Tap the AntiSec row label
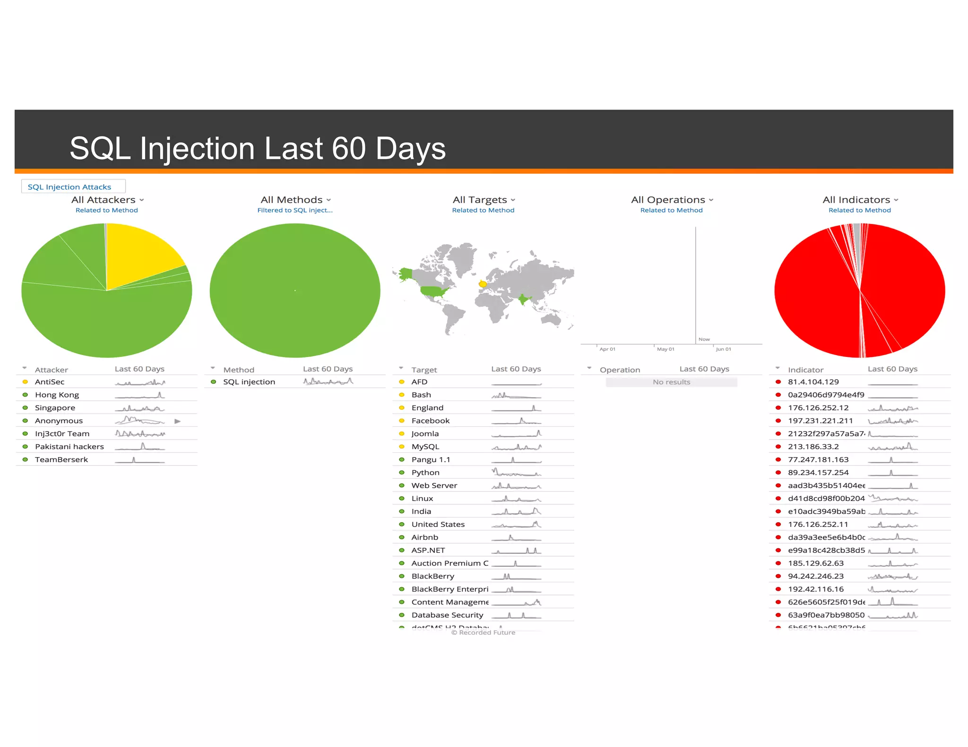coord(50,382)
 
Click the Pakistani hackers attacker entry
coord(69,447)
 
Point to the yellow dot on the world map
coord(483,284)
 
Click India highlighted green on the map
coord(523,299)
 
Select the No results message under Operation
coord(671,382)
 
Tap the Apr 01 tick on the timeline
coord(607,349)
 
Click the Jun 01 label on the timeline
coord(723,349)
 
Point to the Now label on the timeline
coord(704,340)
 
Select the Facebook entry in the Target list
coord(430,421)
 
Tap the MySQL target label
coord(425,447)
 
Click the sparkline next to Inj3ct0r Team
coord(140,433)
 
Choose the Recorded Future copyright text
coord(483,633)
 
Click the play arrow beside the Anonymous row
coord(177,421)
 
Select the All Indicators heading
coord(860,200)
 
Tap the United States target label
coord(438,525)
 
